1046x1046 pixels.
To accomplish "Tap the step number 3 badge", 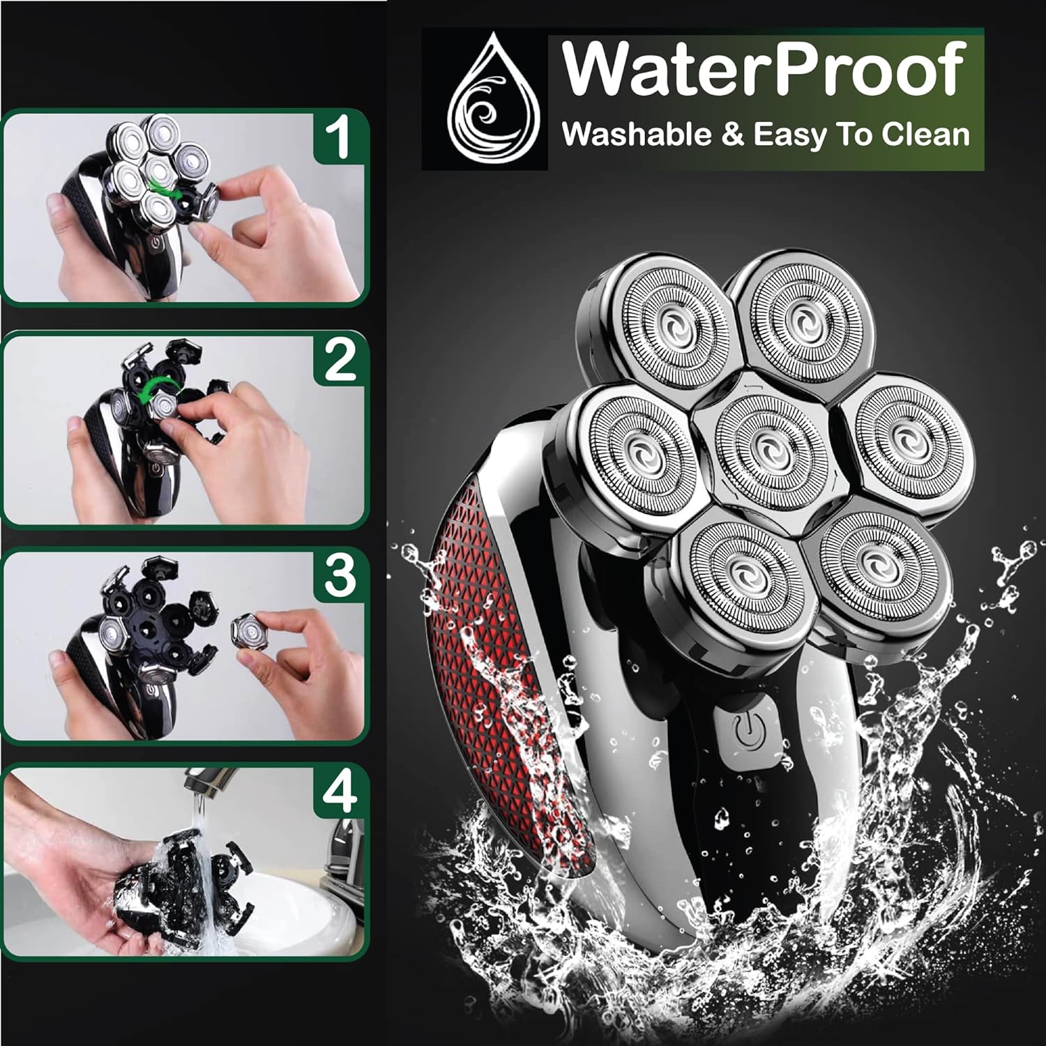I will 339,577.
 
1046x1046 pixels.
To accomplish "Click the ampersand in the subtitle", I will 732,135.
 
